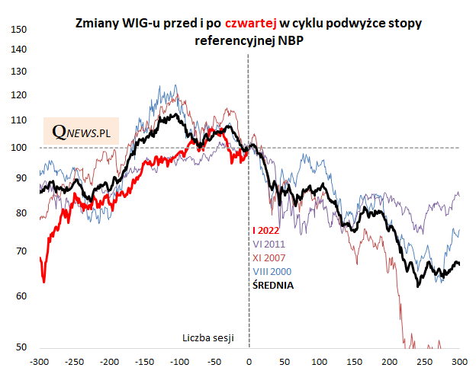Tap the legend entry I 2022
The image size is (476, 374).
265,231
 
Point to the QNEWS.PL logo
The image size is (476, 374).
81,133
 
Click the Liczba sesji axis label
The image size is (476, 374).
207,337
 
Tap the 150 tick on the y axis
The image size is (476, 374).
19,30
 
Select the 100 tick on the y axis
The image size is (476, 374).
19,148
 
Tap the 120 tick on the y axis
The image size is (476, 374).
19,96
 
